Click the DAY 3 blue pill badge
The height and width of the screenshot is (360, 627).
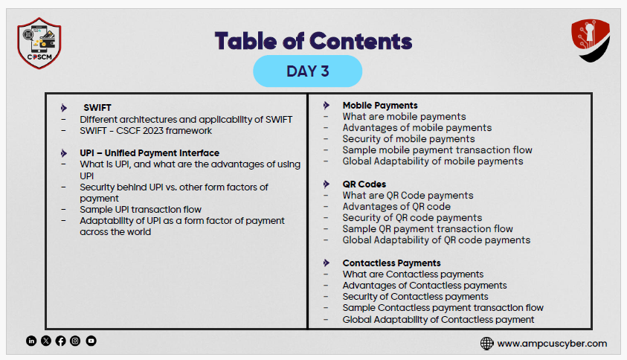(x=307, y=71)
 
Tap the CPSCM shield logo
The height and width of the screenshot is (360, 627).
(x=39, y=43)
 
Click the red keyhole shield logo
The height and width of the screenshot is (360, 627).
(x=591, y=40)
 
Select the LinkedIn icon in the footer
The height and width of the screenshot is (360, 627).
(x=31, y=341)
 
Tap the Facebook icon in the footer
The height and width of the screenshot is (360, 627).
(x=61, y=341)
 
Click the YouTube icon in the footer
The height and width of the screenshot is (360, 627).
(x=91, y=341)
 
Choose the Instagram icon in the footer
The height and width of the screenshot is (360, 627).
(x=75, y=341)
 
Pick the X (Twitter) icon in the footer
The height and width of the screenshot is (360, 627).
(x=46, y=341)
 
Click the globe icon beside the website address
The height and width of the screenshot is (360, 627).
(x=486, y=343)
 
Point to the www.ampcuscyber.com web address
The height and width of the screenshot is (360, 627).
(x=552, y=344)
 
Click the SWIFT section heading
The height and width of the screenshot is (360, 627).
(x=97, y=108)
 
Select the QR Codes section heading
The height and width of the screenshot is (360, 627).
(x=364, y=184)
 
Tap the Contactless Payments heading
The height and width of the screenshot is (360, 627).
(x=391, y=263)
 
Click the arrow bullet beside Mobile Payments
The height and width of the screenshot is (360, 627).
(x=327, y=105)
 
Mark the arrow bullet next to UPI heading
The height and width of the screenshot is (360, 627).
(x=63, y=153)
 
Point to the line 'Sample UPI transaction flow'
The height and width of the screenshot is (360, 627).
(x=141, y=210)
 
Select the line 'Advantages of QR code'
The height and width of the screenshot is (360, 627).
(x=396, y=206)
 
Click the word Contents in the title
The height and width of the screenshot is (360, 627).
(x=361, y=41)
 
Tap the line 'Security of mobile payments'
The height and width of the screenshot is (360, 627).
(x=408, y=139)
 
